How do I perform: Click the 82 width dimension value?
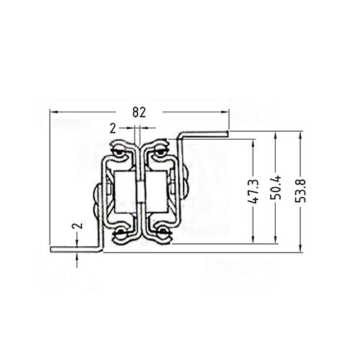140,112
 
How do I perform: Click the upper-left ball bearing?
116,152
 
